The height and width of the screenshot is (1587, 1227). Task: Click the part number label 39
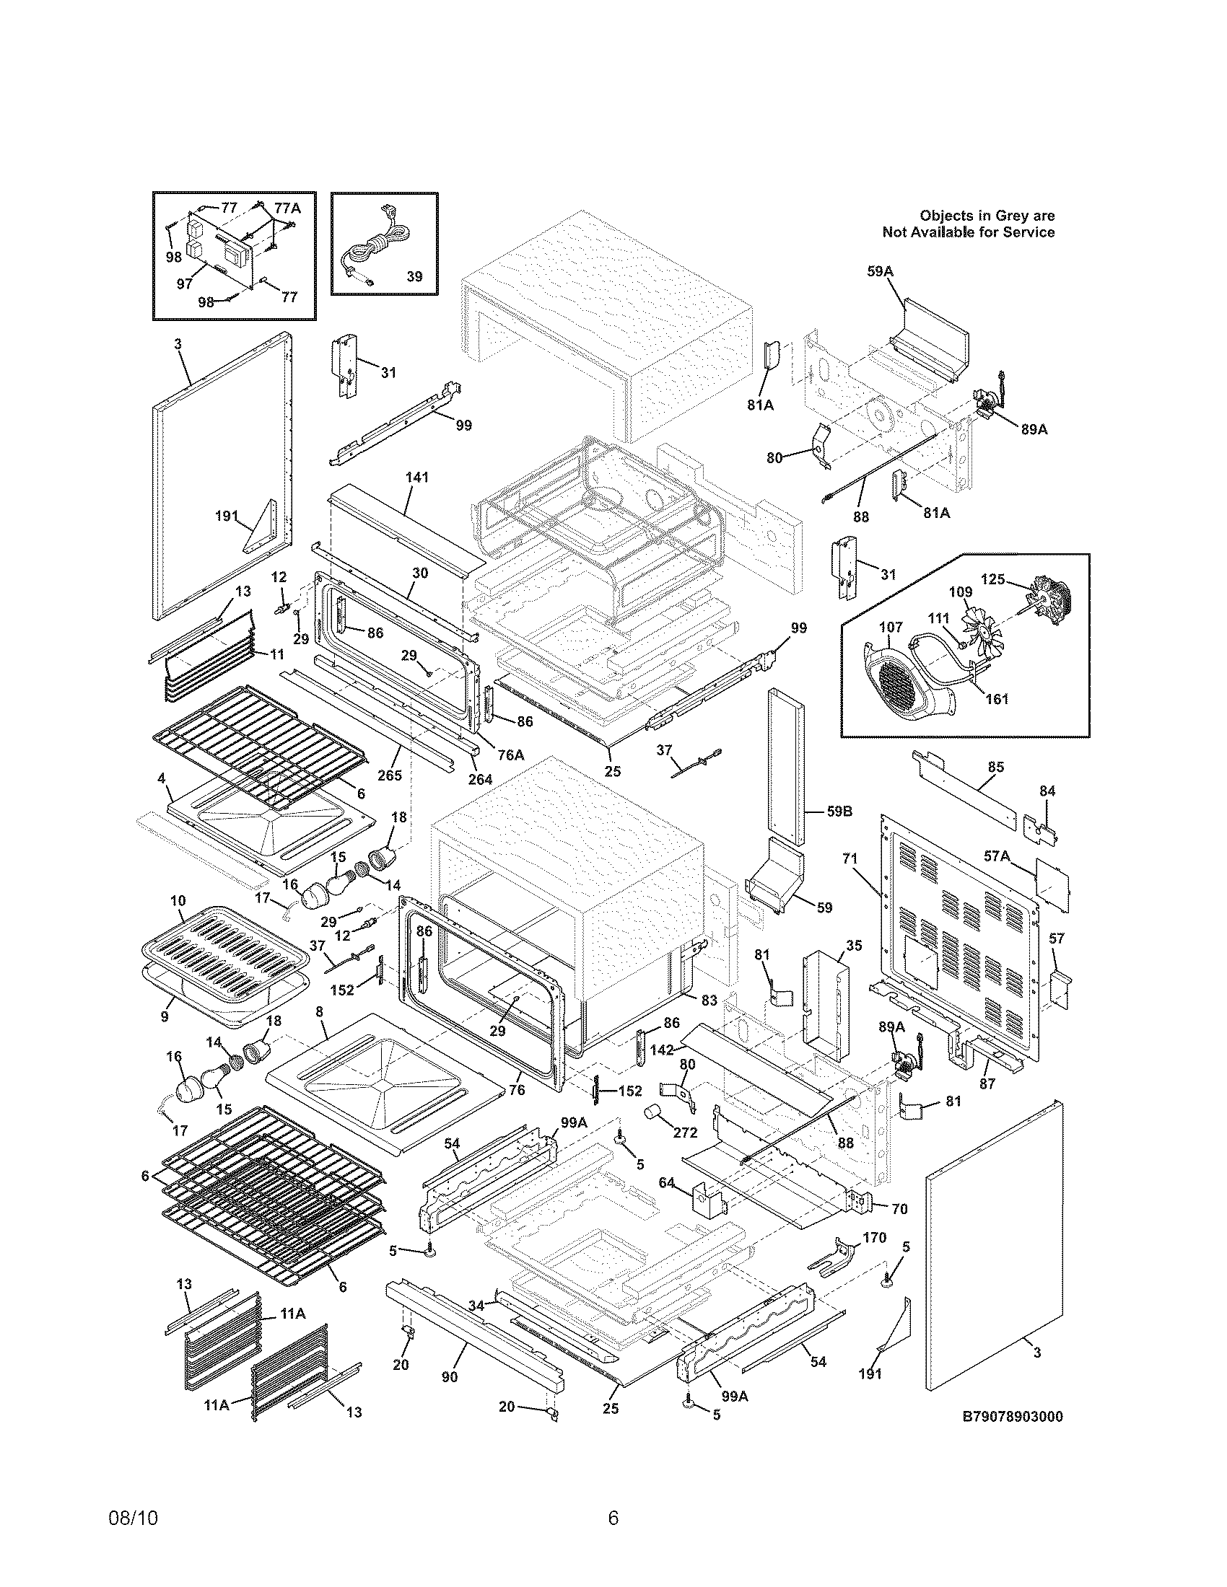(x=414, y=277)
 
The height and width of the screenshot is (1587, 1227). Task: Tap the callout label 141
(x=417, y=478)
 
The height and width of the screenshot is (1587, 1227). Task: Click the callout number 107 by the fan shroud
(x=891, y=627)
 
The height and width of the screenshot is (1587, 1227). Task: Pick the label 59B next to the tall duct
(x=839, y=811)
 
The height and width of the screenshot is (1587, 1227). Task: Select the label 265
(x=390, y=775)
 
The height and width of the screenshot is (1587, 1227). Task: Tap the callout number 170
(x=875, y=1237)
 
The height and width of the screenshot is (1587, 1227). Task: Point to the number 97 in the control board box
(x=185, y=284)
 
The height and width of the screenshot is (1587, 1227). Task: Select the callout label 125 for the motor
(x=992, y=580)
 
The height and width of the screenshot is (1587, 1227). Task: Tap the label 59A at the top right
(x=880, y=271)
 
